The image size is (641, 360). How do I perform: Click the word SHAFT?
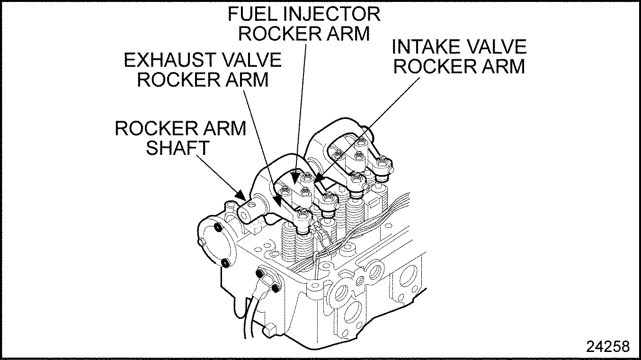[177, 147]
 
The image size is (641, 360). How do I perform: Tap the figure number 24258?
[608, 346]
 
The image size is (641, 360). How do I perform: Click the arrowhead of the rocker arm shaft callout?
[241, 195]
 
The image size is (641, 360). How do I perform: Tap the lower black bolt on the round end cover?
[225, 262]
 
